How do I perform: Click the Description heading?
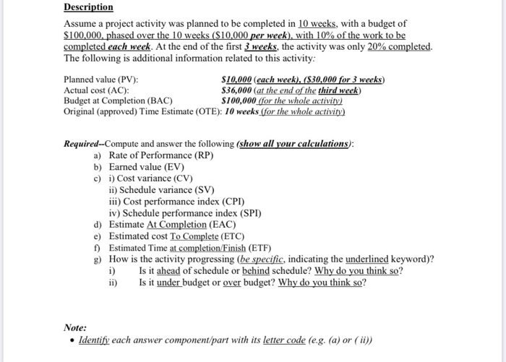[x=88, y=7]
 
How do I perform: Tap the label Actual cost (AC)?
[x=97, y=90]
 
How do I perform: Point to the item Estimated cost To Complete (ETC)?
[x=176, y=236]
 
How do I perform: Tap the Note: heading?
[x=75, y=327]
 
